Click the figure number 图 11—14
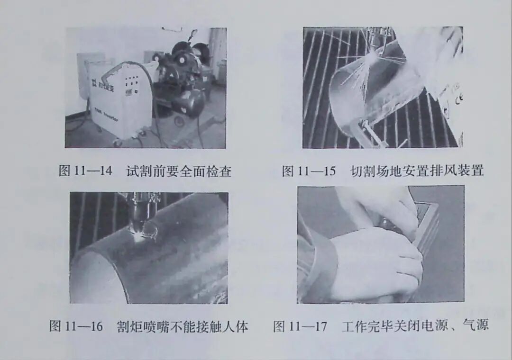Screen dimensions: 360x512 [85, 171]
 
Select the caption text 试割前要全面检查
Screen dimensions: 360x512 [179, 171]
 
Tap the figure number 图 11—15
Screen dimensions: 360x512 [308, 171]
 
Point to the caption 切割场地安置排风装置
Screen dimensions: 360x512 [417, 171]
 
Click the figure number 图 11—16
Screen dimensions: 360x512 [76, 326]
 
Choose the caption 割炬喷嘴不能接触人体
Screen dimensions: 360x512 [183, 326]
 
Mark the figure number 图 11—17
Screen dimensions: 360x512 [300, 326]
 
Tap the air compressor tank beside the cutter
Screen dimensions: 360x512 [190, 102]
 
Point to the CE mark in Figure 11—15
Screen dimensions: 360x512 [458, 99]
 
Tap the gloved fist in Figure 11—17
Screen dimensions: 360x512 [375, 263]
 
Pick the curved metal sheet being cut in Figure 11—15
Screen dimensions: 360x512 [360, 95]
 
